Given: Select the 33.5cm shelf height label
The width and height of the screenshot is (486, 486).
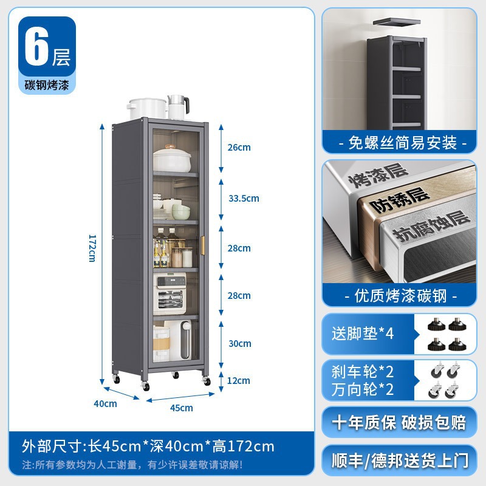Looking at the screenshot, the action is pyautogui.click(x=244, y=198).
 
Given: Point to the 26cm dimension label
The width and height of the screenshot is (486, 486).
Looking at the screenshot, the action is pyautogui.click(x=239, y=147).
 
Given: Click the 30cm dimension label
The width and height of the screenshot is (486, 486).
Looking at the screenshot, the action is pyautogui.click(x=239, y=343).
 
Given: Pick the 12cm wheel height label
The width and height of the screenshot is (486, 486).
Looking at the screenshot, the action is pyautogui.click(x=239, y=381).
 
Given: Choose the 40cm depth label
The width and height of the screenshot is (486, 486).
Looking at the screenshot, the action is pyautogui.click(x=105, y=403).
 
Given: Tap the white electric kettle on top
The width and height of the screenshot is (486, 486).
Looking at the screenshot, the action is pyautogui.click(x=177, y=107).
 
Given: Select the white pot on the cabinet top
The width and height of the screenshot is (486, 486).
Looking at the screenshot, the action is pyautogui.click(x=145, y=109).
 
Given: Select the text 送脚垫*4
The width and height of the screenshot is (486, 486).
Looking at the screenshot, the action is pyautogui.click(x=363, y=334).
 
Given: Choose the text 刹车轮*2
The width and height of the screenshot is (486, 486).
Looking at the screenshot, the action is pyautogui.click(x=363, y=371).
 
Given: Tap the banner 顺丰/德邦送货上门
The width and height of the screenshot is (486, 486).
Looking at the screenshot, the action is pyautogui.click(x=398, y=460).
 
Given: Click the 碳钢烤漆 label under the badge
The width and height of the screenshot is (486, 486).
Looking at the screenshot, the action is pyautogui.click(x=47, y=84).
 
